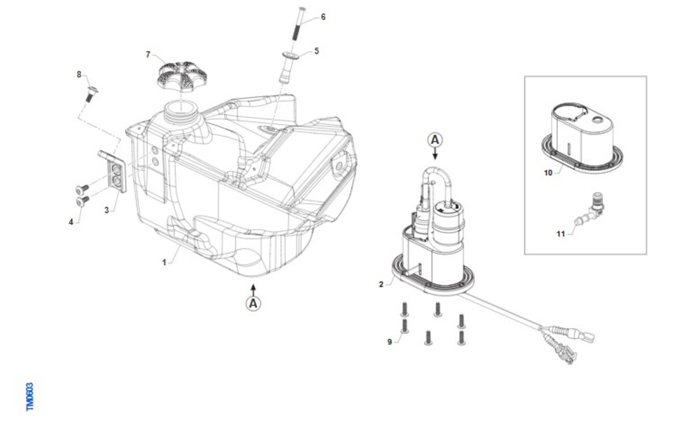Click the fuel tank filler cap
(x=178, y=77)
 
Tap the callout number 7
(x=148, y=54)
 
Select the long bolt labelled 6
(x=298, y=24)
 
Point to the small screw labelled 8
(x=91, y=94)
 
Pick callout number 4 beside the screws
(x=71, y=222)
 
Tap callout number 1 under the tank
(x=164, y=262)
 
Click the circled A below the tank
(x=253, y=304)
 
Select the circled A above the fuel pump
(x=435, y=140)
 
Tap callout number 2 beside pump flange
(x=381, y=284)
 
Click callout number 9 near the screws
(x=389, y=342)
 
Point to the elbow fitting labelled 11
(x=589, y=212)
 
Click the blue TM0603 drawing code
(x=30, y=397)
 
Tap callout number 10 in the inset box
(x=548, y=173)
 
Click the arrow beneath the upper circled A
(x=435, y=154)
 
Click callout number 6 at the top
(x=323, y=17)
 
